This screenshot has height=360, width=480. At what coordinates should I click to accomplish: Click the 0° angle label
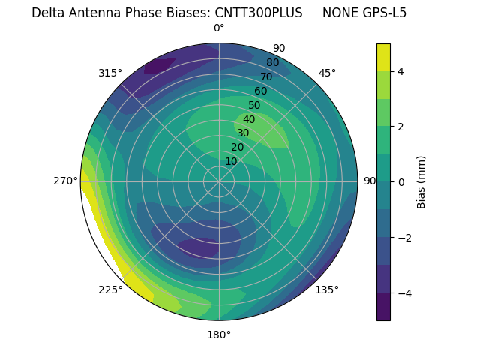[219, 28]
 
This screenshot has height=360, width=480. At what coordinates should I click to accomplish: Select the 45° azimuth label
[327, 73]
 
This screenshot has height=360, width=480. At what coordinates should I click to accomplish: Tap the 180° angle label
[219, 334]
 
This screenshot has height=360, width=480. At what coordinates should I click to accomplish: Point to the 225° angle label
[110, 290]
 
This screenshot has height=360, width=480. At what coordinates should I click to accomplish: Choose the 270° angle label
[66, 181]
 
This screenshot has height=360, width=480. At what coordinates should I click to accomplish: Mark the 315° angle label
[110, 73]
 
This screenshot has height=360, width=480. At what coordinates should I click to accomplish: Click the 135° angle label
[327, 290]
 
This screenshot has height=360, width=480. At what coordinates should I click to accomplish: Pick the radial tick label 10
[231, 162]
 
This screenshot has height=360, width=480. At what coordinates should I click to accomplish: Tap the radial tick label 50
[254, 106]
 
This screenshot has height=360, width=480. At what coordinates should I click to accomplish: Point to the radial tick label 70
[266, 77]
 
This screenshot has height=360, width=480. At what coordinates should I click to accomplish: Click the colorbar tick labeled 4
[401, 71]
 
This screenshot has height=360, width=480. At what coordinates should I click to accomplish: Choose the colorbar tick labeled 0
[401, 182]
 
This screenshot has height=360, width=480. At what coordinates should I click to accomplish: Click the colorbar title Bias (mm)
[421, 182]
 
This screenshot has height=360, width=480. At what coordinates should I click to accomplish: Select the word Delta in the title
[47, 13]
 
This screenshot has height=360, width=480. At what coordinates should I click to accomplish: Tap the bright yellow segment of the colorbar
[383, 57]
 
